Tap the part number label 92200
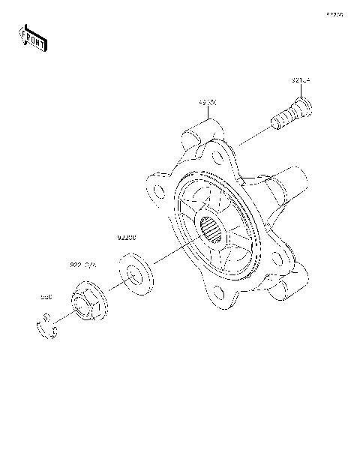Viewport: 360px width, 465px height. pyautogui.click(x=126, y=238)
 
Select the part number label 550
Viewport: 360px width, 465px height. pyautogui.click(x=46, y=297)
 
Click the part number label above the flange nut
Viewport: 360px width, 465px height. pyautogui.click(x=84, y=265)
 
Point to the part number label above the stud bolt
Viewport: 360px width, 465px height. pyautogui.click(x=301, y=79)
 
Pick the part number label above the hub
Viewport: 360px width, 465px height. pyautogui.click(x=208, y=100)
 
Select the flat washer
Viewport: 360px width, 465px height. pyautogui.click(x=135, y=276)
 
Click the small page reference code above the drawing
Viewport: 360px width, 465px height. pyautogui.click(x=334, y=13)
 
